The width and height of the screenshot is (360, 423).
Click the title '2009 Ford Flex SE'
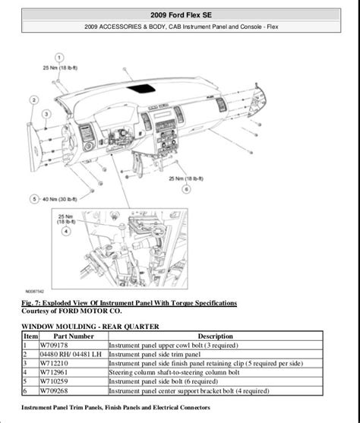pyautogui.click(x=180, y=14)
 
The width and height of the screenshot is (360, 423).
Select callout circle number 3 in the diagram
pyautogui.click(x=46, y=114)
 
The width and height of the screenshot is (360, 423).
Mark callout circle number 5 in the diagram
pyautogui.click(x=33, y=199)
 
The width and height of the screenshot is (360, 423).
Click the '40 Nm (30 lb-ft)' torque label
pyautogui.click(x=63, y=199)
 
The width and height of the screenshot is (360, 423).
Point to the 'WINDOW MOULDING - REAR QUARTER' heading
pyautogui.click(x=90, y=326)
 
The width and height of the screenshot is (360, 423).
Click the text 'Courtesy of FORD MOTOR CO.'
pyautogui.click(x=72, y=310)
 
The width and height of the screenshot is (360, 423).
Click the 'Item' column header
pyautogui.click(x=30, y=334)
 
